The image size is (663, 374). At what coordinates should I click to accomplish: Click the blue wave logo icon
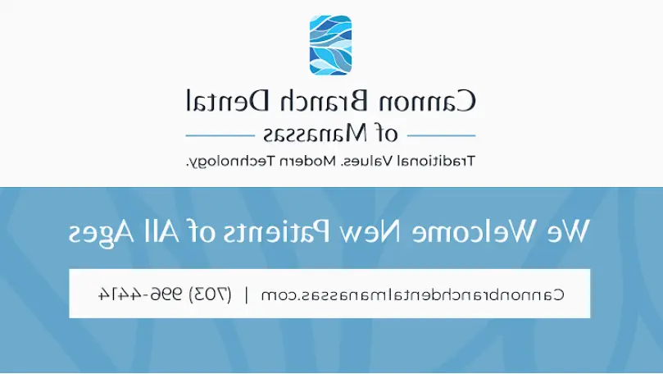(330, 45)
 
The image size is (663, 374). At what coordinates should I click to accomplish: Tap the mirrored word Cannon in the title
(427, 101)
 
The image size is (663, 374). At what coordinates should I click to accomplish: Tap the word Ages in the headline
(101, 234)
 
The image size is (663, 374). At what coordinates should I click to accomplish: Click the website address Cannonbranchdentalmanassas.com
(412, 294)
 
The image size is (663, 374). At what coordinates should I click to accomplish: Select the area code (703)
(210, 294)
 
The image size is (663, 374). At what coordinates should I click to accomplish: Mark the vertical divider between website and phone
(247, 294)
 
